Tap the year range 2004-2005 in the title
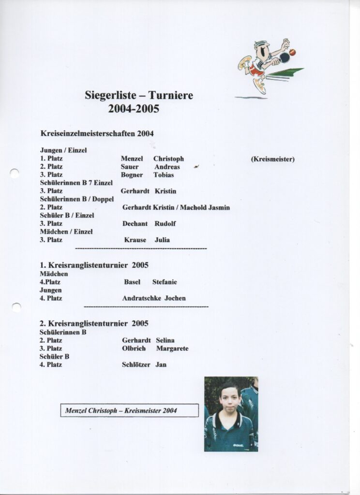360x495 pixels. (x=134, y=109)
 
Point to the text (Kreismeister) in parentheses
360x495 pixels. (x=272, y=159)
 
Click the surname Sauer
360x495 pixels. (x=130, y=167)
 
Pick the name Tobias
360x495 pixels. (x=164, y=175)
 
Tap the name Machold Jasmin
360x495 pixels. (x=205, y=207)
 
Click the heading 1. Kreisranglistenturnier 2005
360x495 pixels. (x=94, y=265)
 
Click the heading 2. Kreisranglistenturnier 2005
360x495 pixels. (x=94, y=323)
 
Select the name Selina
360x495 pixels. (x=165, y=340)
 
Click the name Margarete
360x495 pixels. (x=172, y=349)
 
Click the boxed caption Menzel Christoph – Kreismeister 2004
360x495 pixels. (x=129, y=410)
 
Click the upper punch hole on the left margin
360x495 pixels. (x=15, y=173)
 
